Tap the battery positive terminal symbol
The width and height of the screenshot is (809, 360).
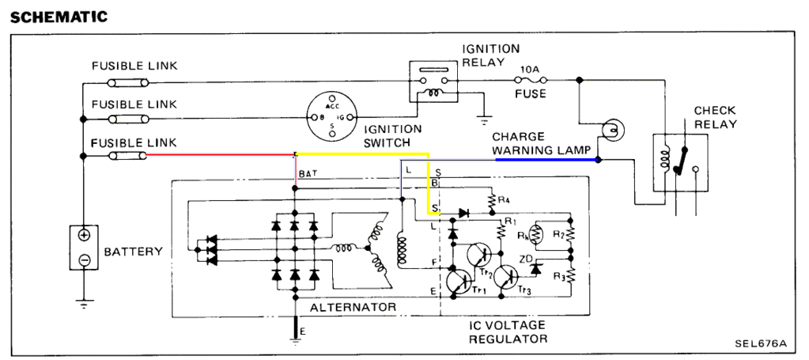point(84,236)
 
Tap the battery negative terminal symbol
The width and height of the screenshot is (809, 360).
point(84,259)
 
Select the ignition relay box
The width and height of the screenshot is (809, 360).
point(434,81)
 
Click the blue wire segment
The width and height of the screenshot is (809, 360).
point(546,159)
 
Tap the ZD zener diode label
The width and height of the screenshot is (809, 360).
point(524,259)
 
